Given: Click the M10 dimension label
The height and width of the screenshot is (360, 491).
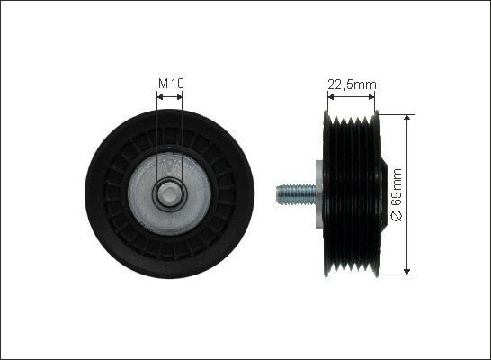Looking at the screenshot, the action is click(x=171, y=84).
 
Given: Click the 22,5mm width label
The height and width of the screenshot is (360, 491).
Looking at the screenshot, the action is click(x=352, y=85).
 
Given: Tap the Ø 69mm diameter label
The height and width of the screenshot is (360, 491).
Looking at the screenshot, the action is click(x=397, y=194).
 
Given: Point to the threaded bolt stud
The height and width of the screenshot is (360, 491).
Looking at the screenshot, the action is click(x=296, y=194).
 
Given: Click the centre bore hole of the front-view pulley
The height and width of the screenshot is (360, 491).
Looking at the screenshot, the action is click(x=169, y=193).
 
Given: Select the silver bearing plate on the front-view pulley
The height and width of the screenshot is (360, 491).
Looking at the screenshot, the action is click(x=169, y=193).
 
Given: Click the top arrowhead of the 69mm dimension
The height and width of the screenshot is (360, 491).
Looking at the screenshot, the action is click(x=406, y=118).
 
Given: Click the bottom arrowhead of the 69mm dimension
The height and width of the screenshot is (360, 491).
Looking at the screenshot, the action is click(x=406, y=272).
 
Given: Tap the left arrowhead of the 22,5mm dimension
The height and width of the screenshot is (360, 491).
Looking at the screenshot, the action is click(x=331, y=97).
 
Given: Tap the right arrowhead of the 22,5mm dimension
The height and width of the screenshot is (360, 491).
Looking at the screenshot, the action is click(x=371, y=97).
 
